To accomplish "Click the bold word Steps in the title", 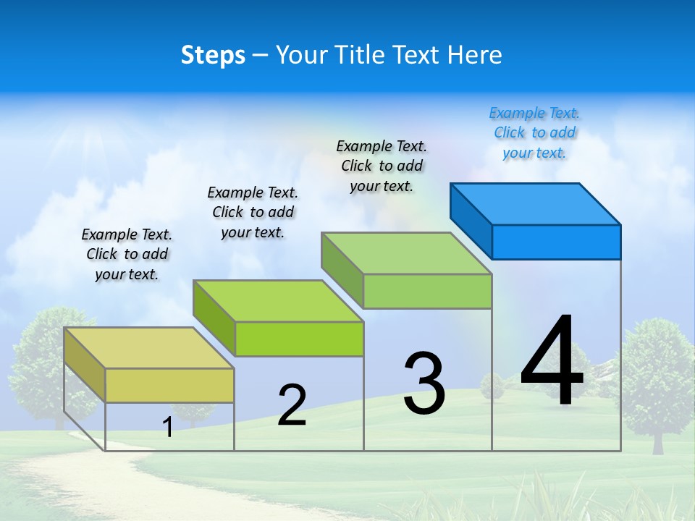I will click(x=213, y=55).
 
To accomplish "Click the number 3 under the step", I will click(x=424, y=384).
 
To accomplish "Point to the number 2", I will click(x=292, y=405).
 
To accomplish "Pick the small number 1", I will click(x=168, y=427).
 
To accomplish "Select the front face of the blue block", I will click(x=556, y=242).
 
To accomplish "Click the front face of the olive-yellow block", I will click(x=169, y=385).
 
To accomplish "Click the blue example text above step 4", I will click(x=534, y=133).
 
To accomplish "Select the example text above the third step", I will click(x=382, y=166).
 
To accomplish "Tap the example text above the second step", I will click(x=253, y=212).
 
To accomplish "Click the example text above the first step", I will click(x=127, y=254).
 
